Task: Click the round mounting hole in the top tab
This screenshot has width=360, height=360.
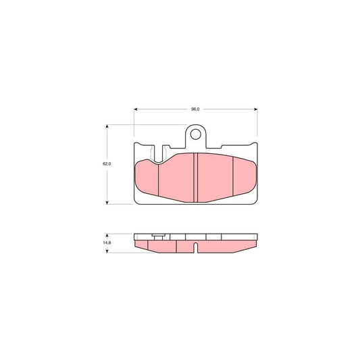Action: (196, 134)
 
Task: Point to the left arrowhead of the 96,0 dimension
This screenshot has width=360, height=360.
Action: (136, 108)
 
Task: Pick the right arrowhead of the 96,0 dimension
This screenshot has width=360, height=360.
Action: (255, 108)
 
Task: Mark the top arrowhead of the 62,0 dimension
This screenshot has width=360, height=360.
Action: (108, 126)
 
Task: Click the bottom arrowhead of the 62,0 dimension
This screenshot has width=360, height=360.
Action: (108, 202)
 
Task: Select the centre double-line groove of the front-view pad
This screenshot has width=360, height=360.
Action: (195, 176)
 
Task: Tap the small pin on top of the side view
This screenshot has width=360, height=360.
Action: (158, 235)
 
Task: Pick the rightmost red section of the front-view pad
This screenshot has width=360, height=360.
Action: (244, 177)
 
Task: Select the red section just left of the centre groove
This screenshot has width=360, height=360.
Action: (176, 177)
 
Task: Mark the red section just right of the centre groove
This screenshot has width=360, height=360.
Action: (213, 177)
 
